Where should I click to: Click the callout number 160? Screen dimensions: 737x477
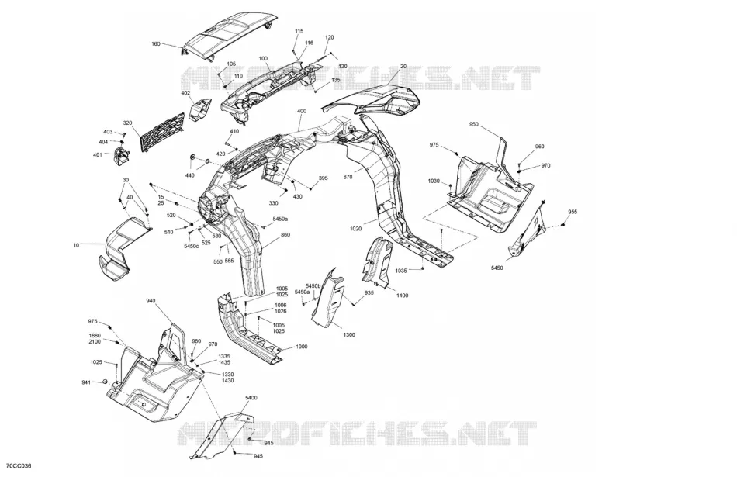pos(156,44)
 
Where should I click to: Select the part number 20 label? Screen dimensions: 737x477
pos(403,67)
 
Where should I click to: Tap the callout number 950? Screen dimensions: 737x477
pos(474,125)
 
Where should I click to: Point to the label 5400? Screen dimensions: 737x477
pos(251,398)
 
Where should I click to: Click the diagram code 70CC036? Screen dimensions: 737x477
pos(19,465)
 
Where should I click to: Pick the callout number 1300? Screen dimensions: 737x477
pos(349,335)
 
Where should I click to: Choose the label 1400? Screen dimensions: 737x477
pos(403,296)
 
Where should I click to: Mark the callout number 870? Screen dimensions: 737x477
pos(348,177)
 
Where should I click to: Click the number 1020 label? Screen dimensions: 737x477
pos(356,229)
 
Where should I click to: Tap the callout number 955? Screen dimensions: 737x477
pos(573,212)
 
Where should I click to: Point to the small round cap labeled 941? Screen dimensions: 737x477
pos(106,381)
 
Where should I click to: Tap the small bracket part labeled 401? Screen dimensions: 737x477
pos(123,156)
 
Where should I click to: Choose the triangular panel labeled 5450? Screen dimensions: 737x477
pos(528,233)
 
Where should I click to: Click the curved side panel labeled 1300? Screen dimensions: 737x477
pos(327,298)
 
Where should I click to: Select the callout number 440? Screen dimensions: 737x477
pos(189,176)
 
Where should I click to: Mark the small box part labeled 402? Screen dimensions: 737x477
pos(201,109)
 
